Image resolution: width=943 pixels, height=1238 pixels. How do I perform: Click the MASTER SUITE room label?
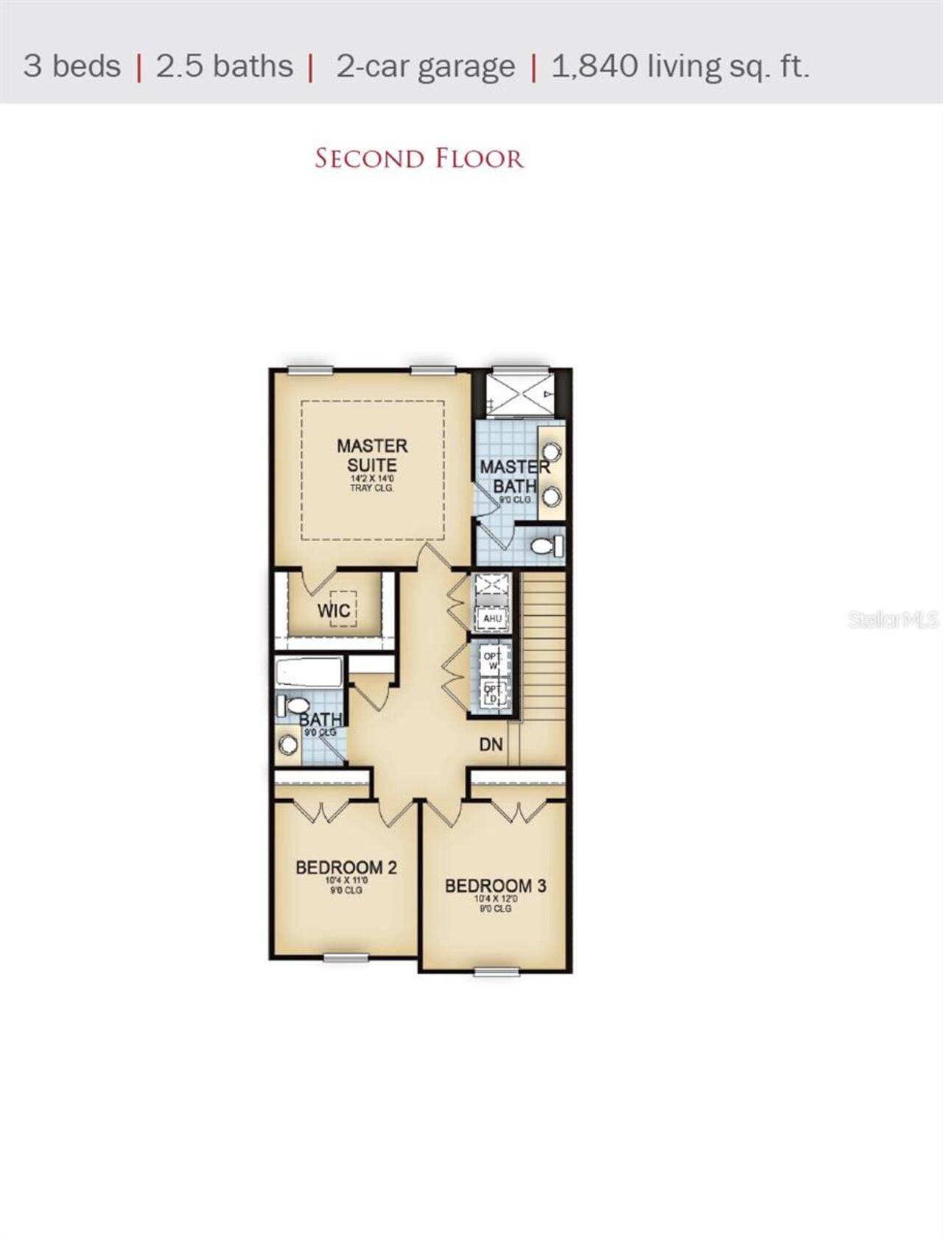pyautogui.click(x=372, y=455)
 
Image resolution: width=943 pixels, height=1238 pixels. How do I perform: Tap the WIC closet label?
pyautogui.click(x=333, y=611)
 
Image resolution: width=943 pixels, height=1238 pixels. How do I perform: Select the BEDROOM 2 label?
pyautogui.click(x=346, y=868)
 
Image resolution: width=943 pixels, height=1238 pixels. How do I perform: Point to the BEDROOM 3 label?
pyautogui.click(x=495, y=885)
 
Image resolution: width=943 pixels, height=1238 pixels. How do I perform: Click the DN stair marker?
pyautogui.click(x=491, y=745)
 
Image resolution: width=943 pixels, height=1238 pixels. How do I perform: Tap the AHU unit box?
pyautogui.click(x=492, y=619)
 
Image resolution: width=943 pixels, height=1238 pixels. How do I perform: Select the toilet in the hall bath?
pyautogui.click(x=292, y=706)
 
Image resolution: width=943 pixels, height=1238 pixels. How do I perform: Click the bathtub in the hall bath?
pyautogui.click(x=309, y=672)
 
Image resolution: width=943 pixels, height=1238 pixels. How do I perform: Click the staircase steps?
pyautogui.click(x=544, y=648)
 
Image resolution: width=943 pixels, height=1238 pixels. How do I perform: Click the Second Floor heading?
pyautogui.click(x=418, y=158)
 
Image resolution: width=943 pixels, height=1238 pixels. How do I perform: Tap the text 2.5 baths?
pyautogui.click(x=225, y=66)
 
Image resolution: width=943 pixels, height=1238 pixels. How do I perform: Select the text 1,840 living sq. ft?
pyautogui.click(x=680, y=66)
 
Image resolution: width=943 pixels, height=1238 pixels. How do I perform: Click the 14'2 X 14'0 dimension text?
pyautogui.click(x=372, y=479)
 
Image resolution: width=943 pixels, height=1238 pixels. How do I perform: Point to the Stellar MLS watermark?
pyautogui.click(x=893, y=619)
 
